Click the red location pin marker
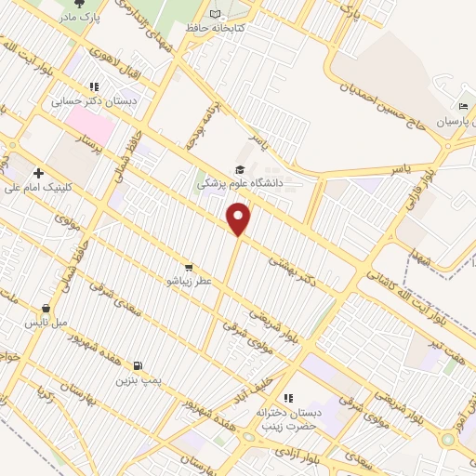[x=239, y=219]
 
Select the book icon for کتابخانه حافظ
[x=216, y=14]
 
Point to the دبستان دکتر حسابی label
[x=106, y=100]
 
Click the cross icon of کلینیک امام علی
[x=38, y=173]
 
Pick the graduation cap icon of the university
[x=240, y=169]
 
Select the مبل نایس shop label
[x=46, y=323]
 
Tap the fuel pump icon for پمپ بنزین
[x=139, y=366]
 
